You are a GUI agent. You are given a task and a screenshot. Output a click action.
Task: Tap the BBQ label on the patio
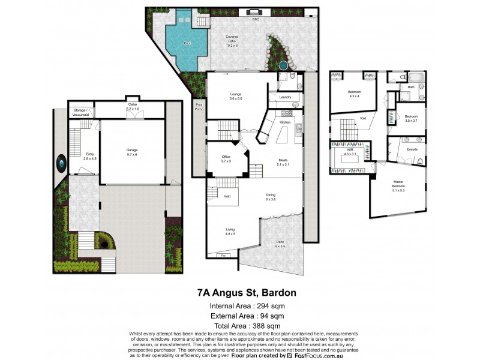tap(254, 20)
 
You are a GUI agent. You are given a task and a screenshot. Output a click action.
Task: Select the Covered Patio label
tap(232, 41)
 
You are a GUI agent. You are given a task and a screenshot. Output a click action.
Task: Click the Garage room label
tap(131, 152)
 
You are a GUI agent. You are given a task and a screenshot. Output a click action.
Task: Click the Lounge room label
tap(236, 96)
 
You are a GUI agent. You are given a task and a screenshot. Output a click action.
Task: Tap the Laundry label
tap(285, 97)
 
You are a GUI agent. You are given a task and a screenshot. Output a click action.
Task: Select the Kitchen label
tap(284, 122)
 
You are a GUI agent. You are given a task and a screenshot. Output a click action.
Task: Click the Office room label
tap(226, 159)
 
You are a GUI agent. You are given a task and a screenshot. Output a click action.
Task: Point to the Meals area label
tap(283, 162)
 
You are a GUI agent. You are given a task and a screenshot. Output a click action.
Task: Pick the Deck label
tap(281, 244)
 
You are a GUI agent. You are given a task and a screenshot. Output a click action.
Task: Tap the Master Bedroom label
tap(398, 184)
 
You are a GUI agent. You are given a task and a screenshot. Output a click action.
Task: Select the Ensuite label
tap(412, 148)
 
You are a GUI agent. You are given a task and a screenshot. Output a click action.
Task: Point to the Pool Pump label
tap(199, 107)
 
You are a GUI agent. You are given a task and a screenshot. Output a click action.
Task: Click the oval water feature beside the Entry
tap(61, 163)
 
